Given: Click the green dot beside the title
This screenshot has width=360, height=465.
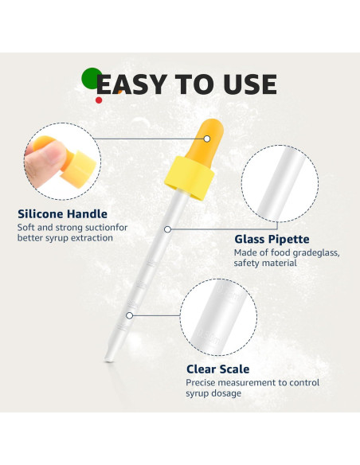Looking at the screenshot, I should click(91, 77).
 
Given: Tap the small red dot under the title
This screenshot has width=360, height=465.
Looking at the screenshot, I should click(99, 100).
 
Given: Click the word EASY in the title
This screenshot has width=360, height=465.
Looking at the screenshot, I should click(128, 84).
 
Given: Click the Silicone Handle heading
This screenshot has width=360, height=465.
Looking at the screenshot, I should click(62, 214).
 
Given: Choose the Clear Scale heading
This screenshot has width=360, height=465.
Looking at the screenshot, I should click(217, 369).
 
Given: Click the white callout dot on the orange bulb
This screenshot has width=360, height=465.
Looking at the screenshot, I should click(206, 139).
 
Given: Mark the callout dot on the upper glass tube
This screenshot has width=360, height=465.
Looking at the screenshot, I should click(167, 229).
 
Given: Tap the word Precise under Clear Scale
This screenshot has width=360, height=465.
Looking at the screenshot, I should click(204, 383).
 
